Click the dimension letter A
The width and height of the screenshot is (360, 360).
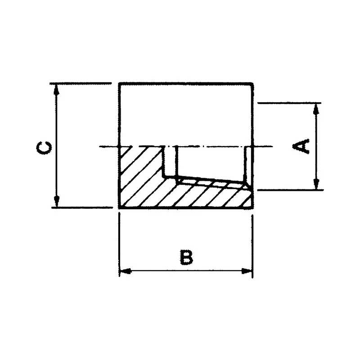[301, 146]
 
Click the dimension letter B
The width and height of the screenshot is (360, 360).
[186, 257]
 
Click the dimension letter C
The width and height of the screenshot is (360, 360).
[44, 147]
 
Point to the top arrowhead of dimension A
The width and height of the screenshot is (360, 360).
[317, 108]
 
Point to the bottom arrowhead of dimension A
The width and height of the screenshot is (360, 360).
[317, 184]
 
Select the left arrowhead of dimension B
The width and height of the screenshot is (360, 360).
[124, 271]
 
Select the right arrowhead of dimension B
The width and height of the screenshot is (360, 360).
[247, 271]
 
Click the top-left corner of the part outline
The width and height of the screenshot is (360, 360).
[119, 84]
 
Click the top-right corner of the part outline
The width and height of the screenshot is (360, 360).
[252, 84]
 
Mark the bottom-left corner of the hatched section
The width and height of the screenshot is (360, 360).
[120, 207]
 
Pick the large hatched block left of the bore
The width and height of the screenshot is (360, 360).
[139, 175]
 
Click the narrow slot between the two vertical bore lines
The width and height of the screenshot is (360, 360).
[169, 160]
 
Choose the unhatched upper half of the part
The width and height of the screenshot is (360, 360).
[185, 115]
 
